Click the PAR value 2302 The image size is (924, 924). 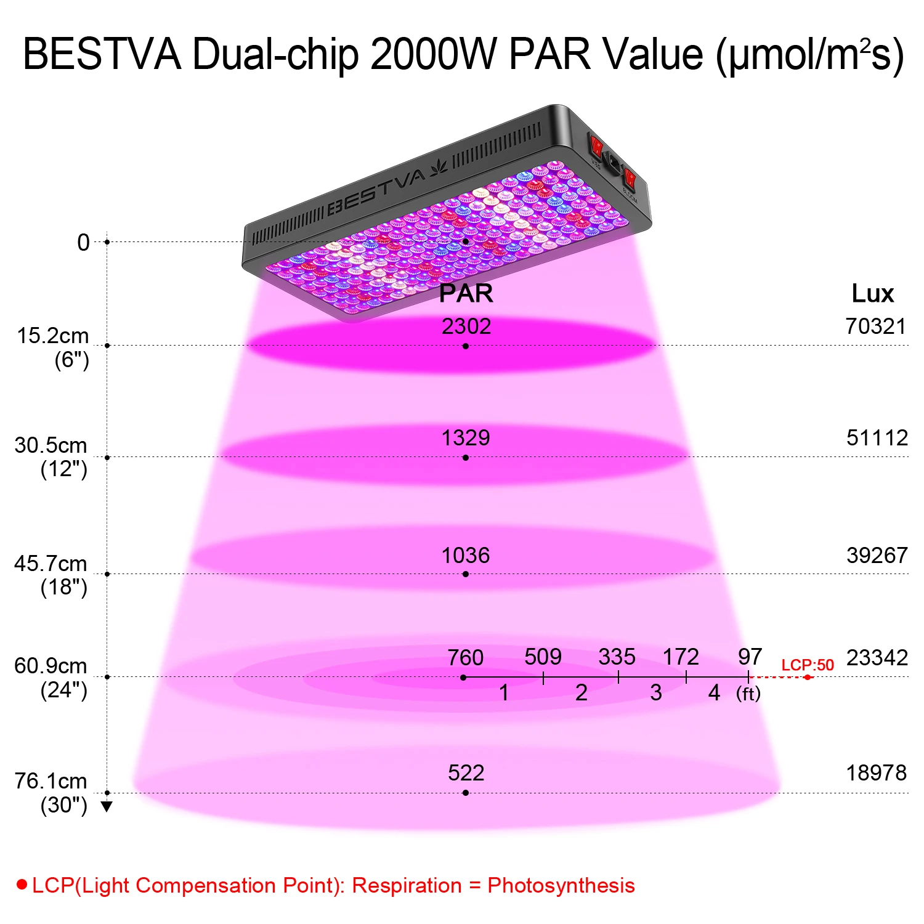click(466, 326)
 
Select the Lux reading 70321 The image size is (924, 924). click(875, 326)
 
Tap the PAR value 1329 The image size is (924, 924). click(466, 438)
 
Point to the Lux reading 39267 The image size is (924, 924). click(877, 555)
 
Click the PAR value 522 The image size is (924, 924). click(466, 772)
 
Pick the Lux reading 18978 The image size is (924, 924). click(876, 772)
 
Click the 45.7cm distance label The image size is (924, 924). click(51, 564)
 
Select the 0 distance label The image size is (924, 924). click(83, 243)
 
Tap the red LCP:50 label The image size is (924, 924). click(808, 665)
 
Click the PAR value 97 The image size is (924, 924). click(750, 656)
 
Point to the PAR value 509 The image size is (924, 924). click(543, 657)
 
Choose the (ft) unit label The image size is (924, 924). click(748, 694)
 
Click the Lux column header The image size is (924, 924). click(872, 293)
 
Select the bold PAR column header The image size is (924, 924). click(466, 293)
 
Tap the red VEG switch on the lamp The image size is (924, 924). click(596, 147)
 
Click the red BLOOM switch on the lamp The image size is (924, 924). click(630, 179)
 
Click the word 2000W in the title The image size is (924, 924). click(434, 54)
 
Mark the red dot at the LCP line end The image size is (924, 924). click(808, 678)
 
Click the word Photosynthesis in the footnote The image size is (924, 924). click(561, 885)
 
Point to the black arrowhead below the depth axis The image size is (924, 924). click(107, 806)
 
